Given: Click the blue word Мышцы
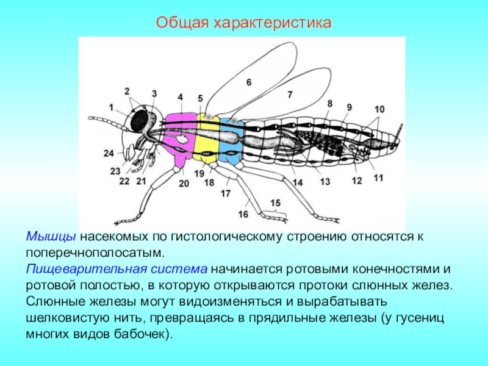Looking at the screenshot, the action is pos(51,236).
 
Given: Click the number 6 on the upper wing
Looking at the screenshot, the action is pos(248,82).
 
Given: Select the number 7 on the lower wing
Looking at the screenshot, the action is pos(290,95).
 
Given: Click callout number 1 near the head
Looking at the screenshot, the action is pos(112,107).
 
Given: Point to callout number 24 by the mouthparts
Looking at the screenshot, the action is pos(109,152).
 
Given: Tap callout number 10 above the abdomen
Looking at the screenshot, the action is pos(379,109).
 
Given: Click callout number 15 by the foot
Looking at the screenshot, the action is pos(276,203).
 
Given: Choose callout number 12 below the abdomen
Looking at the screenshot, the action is pos(357,181).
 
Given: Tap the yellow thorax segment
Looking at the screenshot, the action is pos(207,137).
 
